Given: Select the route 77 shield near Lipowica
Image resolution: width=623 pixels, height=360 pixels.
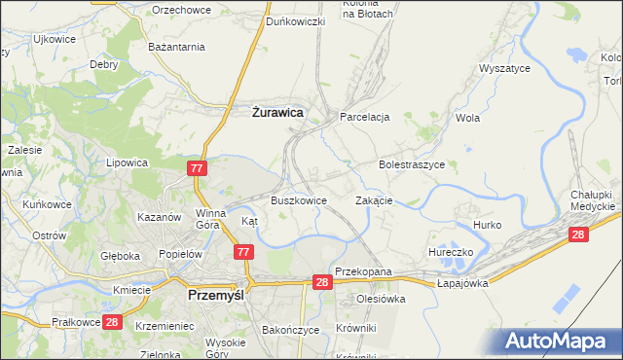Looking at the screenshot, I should pos(197,168).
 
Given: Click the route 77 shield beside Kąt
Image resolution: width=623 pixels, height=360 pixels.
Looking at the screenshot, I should pos(245,252).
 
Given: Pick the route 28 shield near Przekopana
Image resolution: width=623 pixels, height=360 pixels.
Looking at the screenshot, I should pos(324,281).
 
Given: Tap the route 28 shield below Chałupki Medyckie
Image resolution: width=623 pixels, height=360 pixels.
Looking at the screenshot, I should pos(578,234).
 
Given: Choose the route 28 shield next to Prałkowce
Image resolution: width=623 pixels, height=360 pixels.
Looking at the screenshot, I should pos(111,322).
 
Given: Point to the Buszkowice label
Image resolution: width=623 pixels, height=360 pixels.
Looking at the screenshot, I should pos(298,200).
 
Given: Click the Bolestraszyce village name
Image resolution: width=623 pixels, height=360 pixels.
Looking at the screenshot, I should pos(412,165).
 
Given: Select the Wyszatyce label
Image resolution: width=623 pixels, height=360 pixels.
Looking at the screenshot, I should pos(503,69).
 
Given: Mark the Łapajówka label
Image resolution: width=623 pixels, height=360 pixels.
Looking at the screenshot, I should pos(461,283).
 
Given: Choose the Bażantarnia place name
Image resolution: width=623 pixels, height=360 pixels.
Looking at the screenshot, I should pos(175,46).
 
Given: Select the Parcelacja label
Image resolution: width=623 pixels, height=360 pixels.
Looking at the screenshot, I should pos(364,117).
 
